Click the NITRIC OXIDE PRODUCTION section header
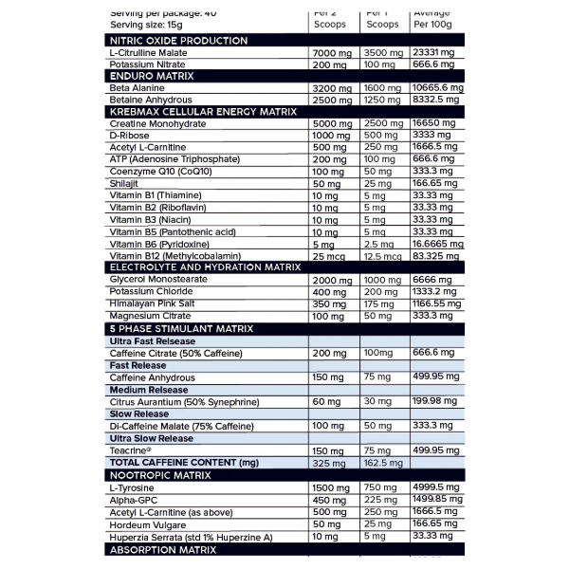179,41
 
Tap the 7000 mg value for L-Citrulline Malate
331,53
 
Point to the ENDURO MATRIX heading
152,75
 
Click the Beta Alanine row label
138,88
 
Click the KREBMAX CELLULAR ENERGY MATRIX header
203,111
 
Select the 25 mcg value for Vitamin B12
328,256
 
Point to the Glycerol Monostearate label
159,280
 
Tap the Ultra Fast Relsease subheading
153,340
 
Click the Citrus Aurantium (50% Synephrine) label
180,401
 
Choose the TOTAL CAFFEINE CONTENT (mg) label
184,462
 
